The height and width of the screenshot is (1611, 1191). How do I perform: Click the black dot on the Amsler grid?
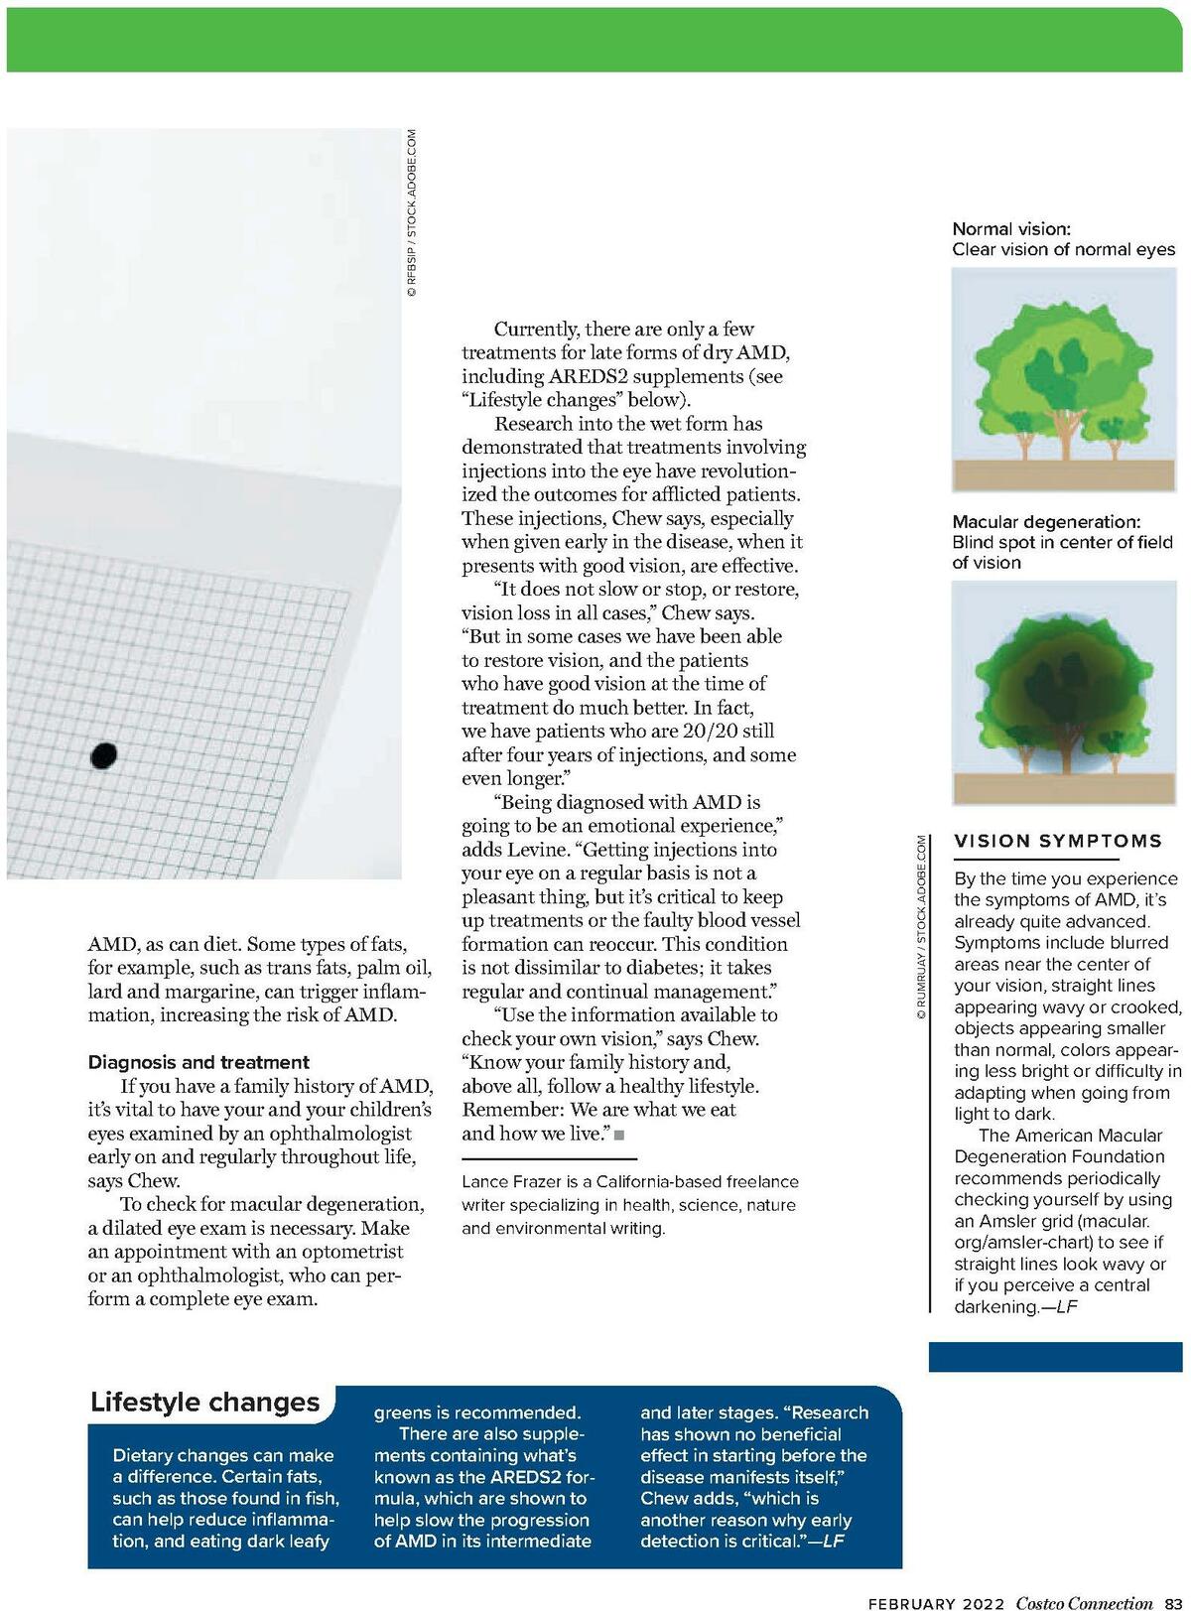pyautogui.click(x=104, y=755)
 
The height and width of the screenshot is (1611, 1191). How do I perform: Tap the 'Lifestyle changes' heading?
pyautogui.click(x=205, y=1403)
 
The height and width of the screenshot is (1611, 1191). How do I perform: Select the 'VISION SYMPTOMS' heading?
pyautogui.click(x=1058, y=841)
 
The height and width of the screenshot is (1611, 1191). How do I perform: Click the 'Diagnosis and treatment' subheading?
pyautogui.click(x=198, y=1062)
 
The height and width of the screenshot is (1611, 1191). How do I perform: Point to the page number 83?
pyautogui.click(x=1173, y=1603)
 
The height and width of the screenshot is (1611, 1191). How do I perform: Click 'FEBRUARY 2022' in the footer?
pyautogui.click(x=937, y=1603)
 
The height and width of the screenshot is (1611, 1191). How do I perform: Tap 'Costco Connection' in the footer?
pyautogui.click(x=1084, y=1603)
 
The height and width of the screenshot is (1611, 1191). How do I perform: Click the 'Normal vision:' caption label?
pyautogui.click(x=1011, y=228)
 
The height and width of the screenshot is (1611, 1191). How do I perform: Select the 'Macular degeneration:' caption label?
pyautogui.click(x=1046, y=521)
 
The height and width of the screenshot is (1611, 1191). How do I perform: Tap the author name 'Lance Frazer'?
pyautogui.click(x=505, y=1181)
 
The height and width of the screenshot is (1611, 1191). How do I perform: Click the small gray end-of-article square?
pyautogui.click(x=619, y=1135)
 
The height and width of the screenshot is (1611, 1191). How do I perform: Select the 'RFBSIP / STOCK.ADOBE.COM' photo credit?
pyautogui.click(x=411, y=214)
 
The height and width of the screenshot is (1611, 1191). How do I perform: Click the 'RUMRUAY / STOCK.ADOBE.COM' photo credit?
pyautogui.click(x=921, y=929)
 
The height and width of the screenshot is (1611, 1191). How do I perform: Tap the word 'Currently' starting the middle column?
pyautogui.click(x=537, y=329)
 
